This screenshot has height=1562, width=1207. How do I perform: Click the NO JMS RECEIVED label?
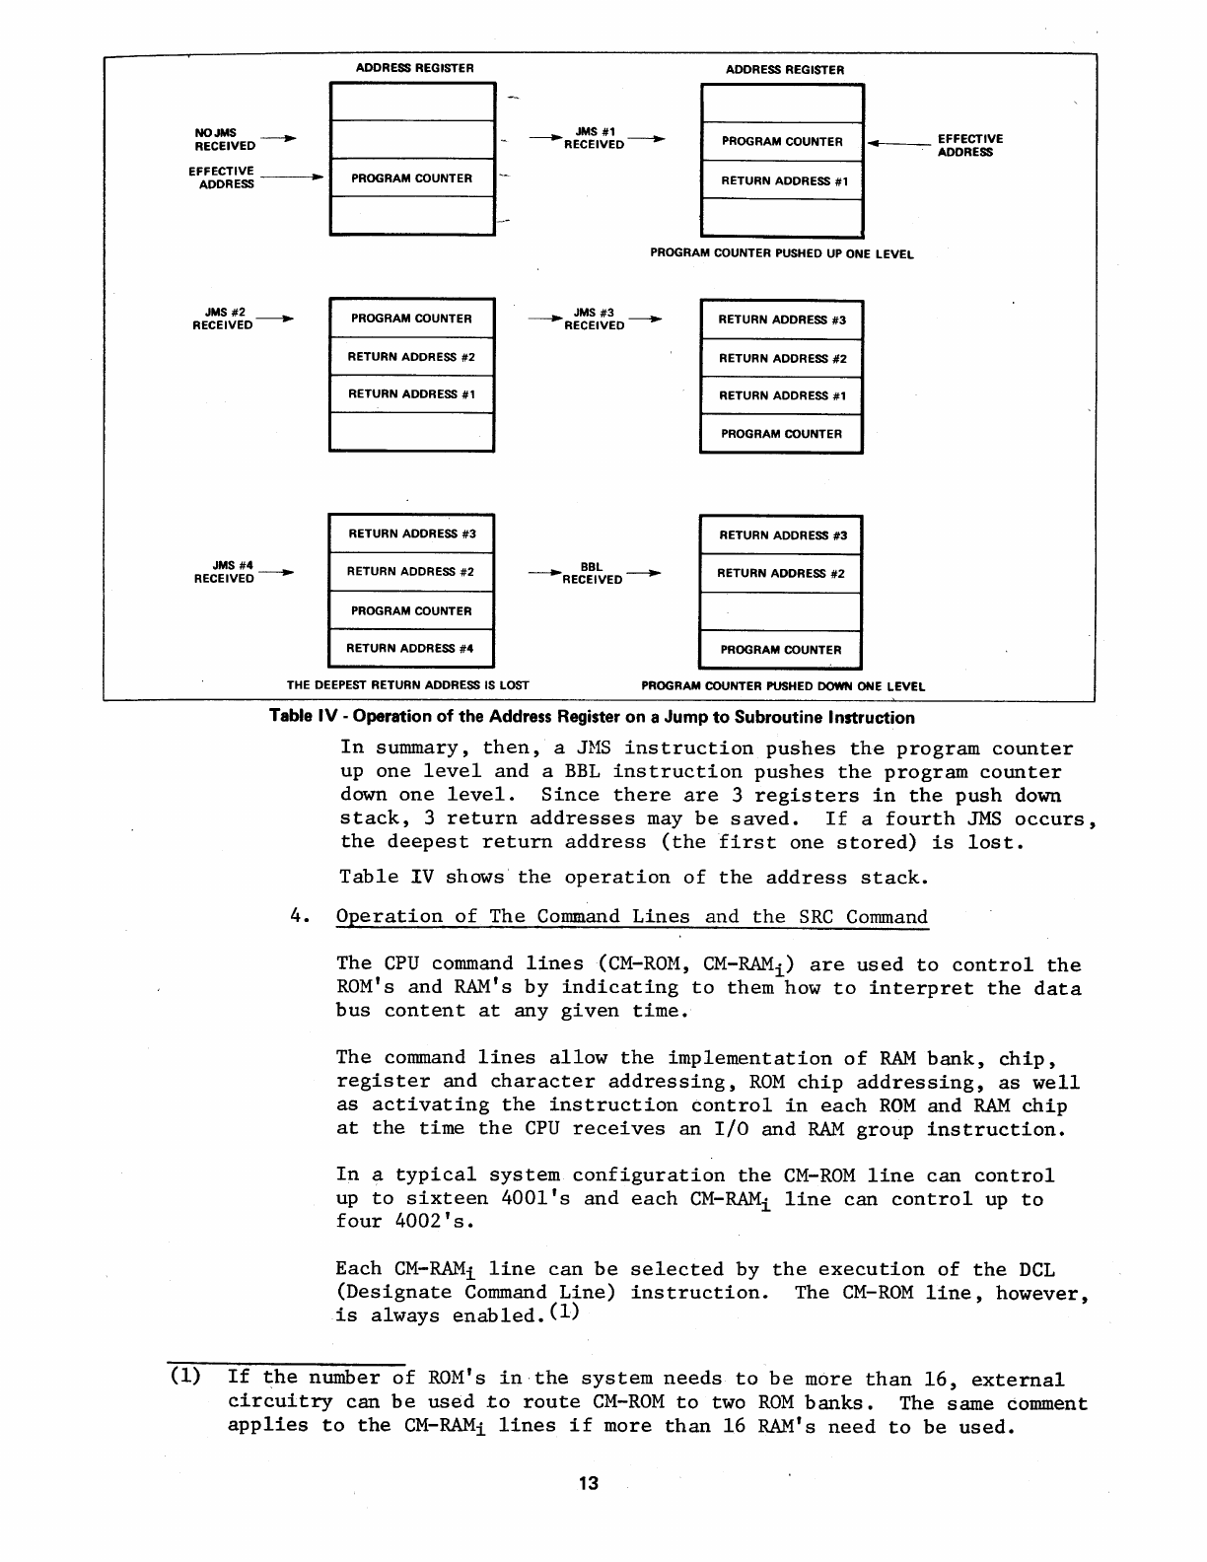225,139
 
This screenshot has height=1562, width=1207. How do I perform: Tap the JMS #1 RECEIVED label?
595,138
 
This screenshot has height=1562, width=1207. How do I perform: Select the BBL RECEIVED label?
592,573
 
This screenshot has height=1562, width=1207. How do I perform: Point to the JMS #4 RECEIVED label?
225,572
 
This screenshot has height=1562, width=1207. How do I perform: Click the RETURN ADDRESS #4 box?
410,649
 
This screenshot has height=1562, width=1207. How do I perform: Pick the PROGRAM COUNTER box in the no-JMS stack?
411,178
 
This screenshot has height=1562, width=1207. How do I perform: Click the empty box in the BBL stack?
780,611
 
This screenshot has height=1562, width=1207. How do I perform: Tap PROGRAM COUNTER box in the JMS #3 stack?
781,434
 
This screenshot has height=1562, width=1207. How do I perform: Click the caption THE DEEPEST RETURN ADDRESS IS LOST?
408,685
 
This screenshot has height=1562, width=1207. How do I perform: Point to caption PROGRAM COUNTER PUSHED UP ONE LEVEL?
781,253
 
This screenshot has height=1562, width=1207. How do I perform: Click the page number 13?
589,1484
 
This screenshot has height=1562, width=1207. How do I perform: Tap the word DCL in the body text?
1036,1269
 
